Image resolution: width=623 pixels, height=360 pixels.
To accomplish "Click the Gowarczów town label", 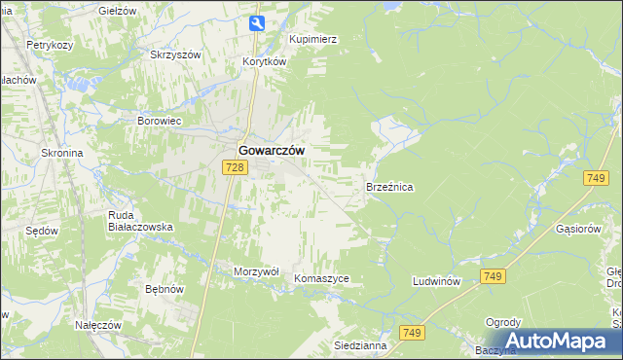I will [271, 151].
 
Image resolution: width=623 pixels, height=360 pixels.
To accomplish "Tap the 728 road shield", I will [234, 168].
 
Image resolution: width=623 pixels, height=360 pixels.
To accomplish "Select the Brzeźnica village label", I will [389, 185].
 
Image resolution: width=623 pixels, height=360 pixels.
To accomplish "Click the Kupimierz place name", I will [312, 39].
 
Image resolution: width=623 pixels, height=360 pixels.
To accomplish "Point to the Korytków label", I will [265, 61].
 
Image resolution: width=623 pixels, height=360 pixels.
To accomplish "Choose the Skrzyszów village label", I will [175, 54].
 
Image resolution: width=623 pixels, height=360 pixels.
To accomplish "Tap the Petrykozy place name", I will [51, 45].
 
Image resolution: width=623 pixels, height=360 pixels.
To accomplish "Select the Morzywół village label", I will [257, 271].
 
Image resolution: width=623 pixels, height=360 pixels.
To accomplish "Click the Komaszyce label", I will [321, 278].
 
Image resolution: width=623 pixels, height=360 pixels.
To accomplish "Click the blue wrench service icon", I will [255, 23].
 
